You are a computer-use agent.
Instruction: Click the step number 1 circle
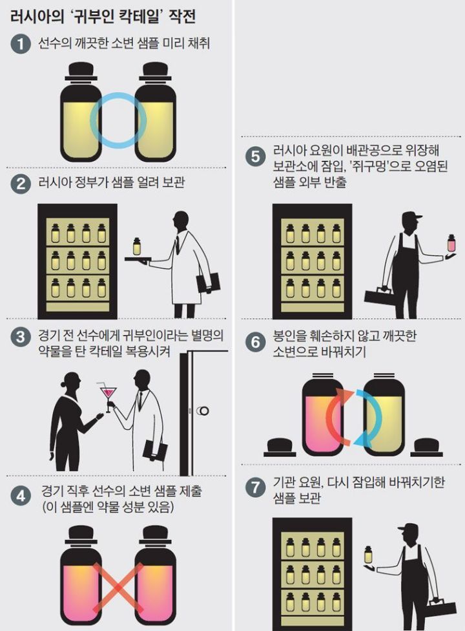21,45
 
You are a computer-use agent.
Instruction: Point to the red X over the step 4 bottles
118,585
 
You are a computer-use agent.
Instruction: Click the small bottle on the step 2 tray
136,246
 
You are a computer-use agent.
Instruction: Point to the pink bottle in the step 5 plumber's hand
451,244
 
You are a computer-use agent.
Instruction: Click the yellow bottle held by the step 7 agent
368,555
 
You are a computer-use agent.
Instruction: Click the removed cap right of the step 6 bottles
428,447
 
